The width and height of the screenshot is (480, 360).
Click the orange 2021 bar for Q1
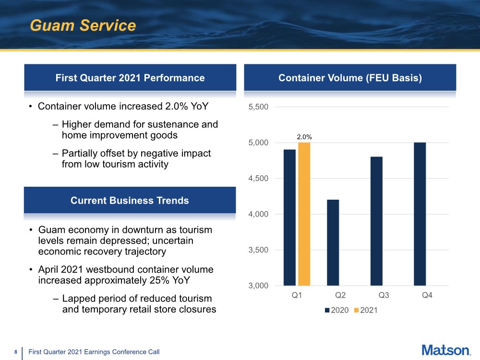tap(304, 214)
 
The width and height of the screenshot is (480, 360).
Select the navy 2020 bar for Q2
tap(333, 242)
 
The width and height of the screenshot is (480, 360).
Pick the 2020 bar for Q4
tap(420, 214)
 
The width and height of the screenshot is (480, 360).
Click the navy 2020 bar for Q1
tap(289, 217)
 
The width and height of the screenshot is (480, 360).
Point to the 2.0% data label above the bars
tap(304, 137)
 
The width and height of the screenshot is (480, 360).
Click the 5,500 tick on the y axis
tap(258, 107)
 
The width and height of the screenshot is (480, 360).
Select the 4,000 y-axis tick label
tap(258, 214)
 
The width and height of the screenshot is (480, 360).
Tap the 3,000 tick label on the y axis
tap(258, 286)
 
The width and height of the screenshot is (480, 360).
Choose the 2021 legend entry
tap(368, 310)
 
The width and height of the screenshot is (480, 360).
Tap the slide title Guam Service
tap(83, 25)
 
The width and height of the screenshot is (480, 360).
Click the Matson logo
tap(446, 350)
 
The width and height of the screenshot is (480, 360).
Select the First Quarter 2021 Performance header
tap(130, 78)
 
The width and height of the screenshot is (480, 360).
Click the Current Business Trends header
tap(130, 200)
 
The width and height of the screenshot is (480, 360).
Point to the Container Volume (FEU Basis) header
tap(350, 78)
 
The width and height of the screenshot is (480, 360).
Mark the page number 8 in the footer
tap(16, 352)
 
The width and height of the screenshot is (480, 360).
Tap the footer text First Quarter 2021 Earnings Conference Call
tap(94, 352)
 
